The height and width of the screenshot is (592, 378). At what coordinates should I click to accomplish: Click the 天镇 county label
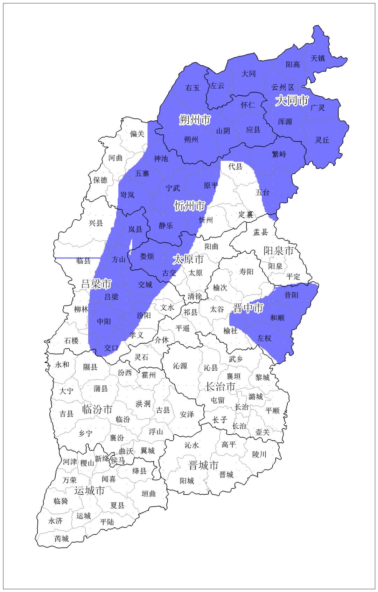318,58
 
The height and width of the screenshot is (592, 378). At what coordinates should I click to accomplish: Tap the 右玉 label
192,88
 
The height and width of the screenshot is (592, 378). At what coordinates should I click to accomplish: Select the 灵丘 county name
322,140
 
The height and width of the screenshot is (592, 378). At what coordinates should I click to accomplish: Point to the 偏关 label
137,134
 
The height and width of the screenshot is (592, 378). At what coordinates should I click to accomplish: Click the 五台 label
262,192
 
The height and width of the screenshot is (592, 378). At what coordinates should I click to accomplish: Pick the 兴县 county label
96,223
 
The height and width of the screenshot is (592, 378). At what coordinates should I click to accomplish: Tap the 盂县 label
260,232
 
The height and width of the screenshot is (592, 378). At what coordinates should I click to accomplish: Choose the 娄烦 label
147,256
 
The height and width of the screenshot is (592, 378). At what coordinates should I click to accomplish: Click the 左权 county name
264,338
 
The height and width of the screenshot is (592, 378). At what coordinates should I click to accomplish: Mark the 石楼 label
71,340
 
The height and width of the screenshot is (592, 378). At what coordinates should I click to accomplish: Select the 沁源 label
180,366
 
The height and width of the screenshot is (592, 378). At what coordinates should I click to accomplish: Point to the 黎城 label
262,377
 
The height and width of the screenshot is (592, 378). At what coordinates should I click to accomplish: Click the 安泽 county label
187,414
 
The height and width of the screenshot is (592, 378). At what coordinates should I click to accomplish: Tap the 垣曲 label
148,494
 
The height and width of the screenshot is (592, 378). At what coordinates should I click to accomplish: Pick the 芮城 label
62,538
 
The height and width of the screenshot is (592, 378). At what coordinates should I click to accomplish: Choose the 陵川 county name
259,454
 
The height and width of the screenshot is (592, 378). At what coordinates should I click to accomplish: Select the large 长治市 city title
220,387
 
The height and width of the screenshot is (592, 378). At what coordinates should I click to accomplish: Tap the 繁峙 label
279,154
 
